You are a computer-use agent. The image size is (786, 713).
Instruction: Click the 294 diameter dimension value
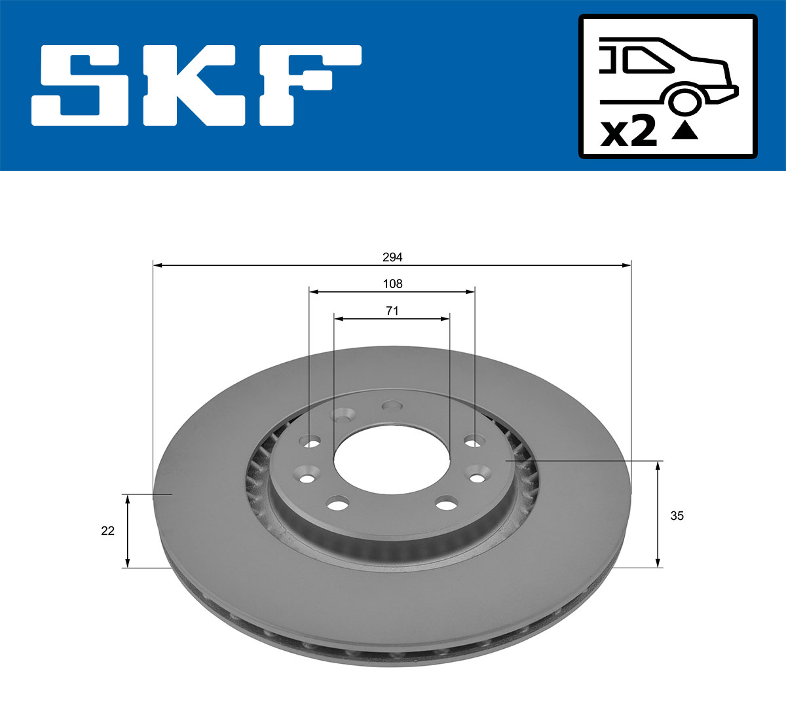392,257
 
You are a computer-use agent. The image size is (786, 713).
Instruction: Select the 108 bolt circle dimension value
392,283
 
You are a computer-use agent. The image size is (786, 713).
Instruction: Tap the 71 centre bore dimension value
392,311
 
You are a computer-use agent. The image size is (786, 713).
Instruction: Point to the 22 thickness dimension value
107,531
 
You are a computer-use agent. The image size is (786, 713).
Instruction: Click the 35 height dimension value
677,516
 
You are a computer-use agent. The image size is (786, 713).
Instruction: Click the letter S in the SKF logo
84,85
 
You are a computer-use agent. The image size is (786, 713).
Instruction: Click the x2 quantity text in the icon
629,132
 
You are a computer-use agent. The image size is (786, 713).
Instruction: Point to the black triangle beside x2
685,131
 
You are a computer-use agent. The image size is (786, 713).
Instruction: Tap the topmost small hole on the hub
392,406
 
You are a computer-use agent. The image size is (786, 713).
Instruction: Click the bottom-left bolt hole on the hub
337,504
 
